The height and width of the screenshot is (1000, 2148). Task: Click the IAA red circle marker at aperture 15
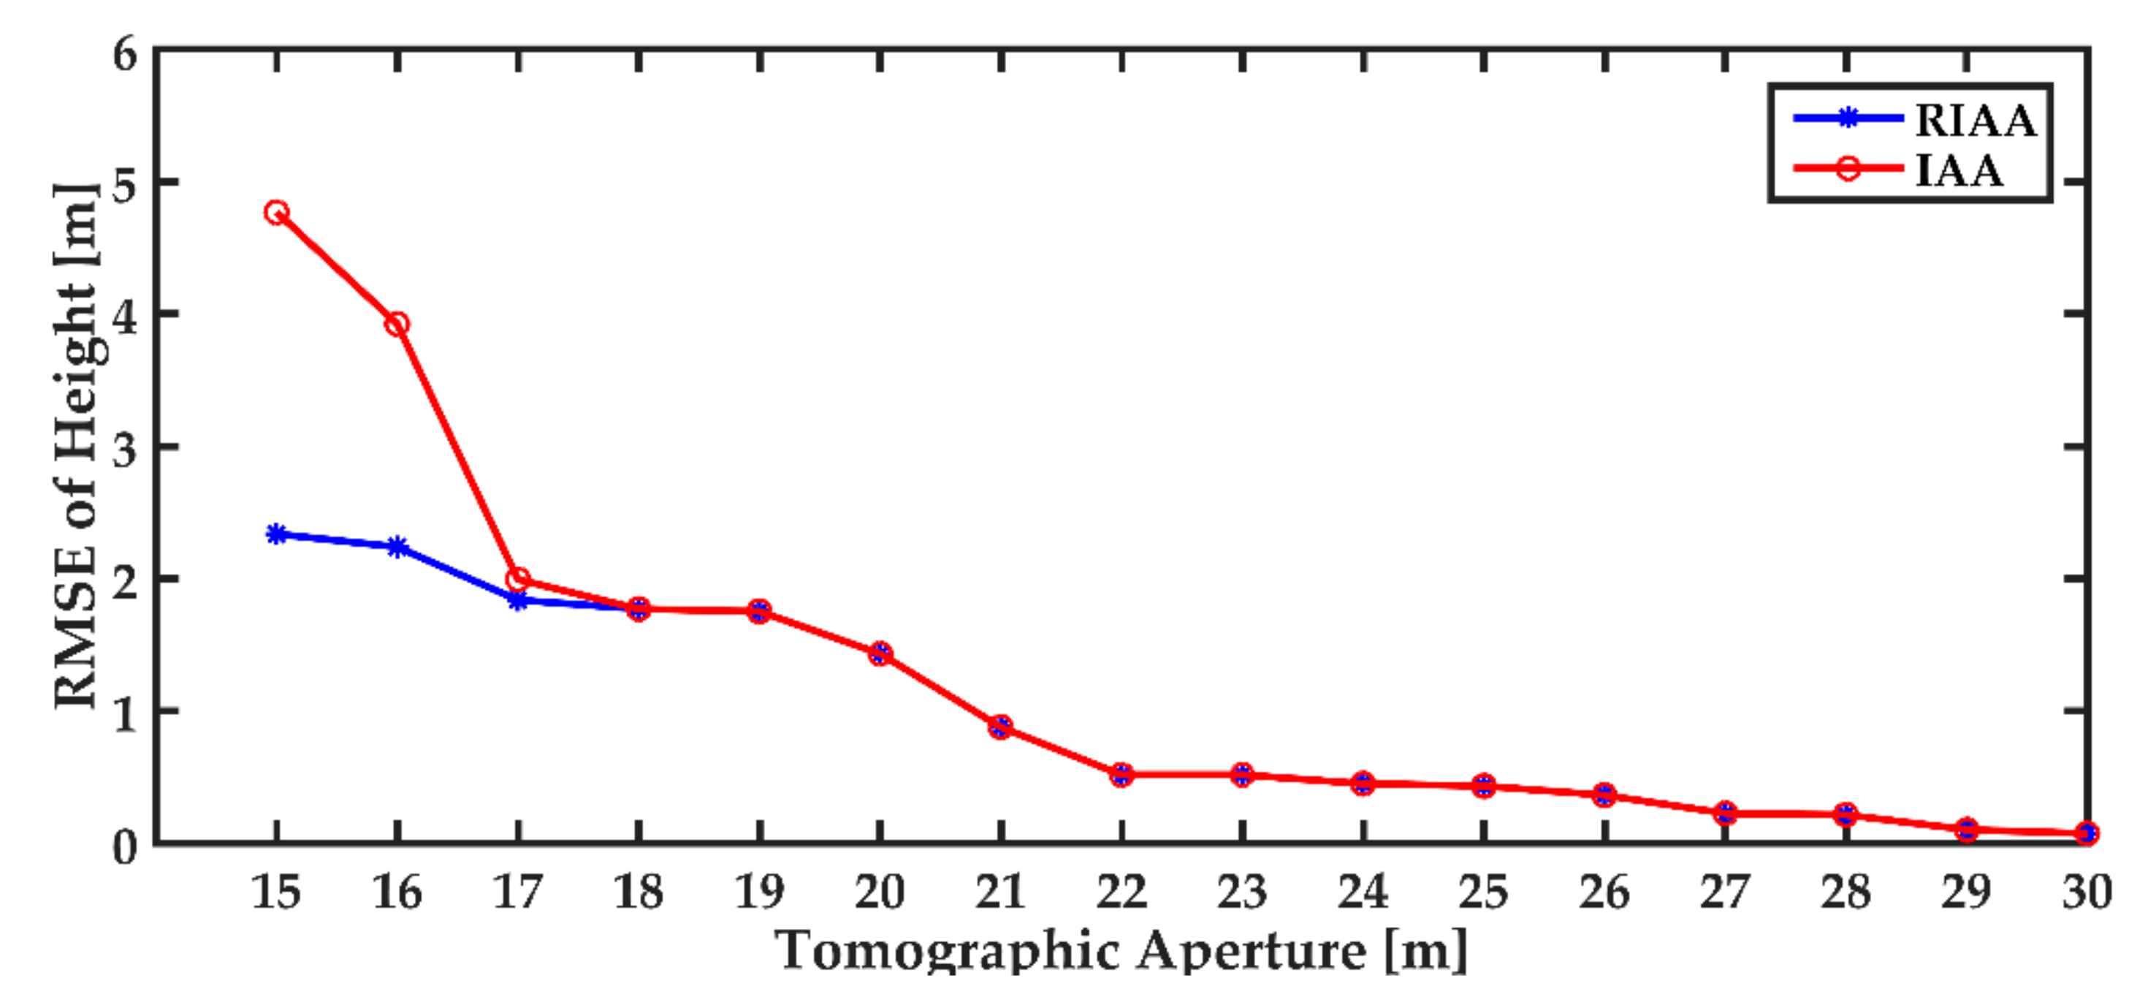pos(277,212)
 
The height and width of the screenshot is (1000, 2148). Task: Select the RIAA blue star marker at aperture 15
pos(277,534)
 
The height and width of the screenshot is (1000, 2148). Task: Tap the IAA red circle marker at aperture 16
pos(397,324)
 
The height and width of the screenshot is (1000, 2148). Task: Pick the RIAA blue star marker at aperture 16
pos(397,547)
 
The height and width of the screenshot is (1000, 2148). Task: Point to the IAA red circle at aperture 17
pos(518,578)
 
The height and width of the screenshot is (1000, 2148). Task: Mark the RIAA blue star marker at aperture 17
pos(518,599)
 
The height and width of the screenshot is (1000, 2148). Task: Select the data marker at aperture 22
pos(1121,774)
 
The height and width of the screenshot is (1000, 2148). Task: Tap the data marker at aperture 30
pos(2087,833)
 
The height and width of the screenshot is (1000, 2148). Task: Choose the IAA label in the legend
pos(1959,170)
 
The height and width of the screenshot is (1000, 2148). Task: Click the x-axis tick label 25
pos(1483,892)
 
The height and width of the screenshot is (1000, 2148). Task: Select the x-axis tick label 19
pos(759,892)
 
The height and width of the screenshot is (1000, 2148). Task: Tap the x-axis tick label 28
pos(1846,892)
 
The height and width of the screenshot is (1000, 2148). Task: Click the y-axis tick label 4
pos(125,315)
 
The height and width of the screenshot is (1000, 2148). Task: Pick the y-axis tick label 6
pos(125,55)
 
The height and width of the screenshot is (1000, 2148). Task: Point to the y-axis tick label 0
pos(125,846)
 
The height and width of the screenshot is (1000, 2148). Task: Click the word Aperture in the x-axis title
pos(1251,951)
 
